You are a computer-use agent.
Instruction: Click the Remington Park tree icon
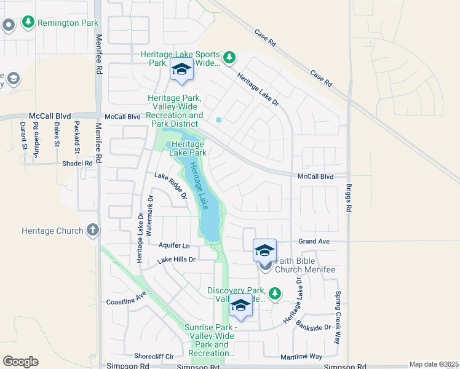pos(28,23)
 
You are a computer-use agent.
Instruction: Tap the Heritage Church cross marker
pos(93,231)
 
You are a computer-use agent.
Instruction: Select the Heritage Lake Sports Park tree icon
pos(229,58)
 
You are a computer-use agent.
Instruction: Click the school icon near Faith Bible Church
pos(264,250)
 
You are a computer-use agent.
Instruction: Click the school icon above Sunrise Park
pos(240,306)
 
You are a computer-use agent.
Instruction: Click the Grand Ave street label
pos(314,242)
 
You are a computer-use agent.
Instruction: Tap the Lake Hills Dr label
pos(176,260)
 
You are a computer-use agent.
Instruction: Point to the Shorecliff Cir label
pos(154,356)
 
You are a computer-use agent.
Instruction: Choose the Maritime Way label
pos(302,357)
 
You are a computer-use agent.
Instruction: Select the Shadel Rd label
pos(77,164)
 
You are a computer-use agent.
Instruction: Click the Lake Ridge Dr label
pos(170,186)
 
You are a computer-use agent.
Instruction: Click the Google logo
pos(20,362)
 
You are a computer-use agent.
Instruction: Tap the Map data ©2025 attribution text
pos(433,364)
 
